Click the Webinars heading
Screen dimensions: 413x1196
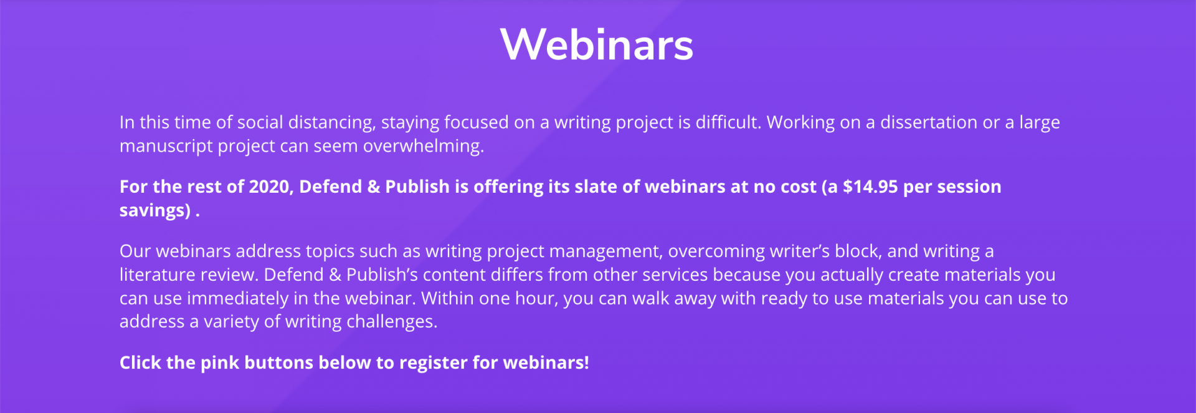point(596,45)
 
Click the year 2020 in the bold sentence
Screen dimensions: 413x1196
point(270,187)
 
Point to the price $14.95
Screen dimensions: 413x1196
point(870,187)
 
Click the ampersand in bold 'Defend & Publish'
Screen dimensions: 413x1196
point(374,187)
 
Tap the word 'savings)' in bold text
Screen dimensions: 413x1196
point(154,210)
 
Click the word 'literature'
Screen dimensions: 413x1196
point(157,275)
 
